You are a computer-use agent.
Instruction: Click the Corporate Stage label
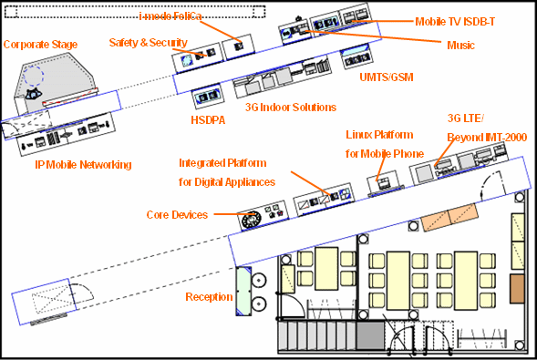tap(40, 45)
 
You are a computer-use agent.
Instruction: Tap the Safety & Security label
tap(148, 43)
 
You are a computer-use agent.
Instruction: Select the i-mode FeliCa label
tap(170, 16)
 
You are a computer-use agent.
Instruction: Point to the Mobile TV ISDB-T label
tap(455, 22)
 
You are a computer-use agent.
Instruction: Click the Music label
tap(460, 46)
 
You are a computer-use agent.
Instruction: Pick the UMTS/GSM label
tap(387, 77)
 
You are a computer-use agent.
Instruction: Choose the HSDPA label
tap(208, 120)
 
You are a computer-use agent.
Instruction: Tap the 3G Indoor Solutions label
tap(291, 108)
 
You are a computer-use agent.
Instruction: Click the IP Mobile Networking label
tap(83, 165)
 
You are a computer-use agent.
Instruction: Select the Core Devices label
tap(177, 215)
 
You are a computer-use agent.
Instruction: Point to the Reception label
tap(209, 297)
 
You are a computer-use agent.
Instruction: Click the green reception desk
tap(243, 292)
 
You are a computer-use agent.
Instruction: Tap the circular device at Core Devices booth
tap(251, 219)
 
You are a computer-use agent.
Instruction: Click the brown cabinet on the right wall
tap(517, 289)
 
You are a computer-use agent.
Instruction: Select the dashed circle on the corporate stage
tap(33, 76)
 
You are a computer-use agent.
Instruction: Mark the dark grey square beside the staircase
tap(370, 335)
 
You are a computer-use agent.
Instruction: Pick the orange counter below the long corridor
tap(449, 217)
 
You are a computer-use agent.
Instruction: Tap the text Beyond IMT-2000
tap(487, 138)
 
